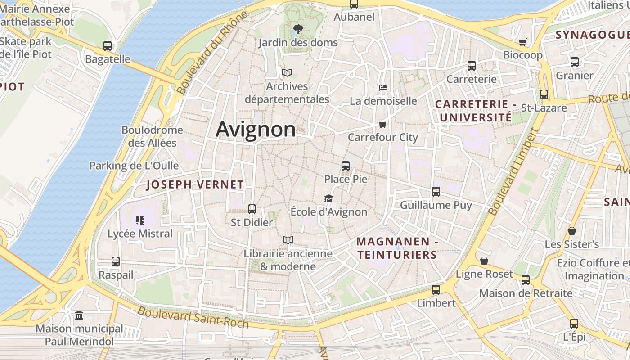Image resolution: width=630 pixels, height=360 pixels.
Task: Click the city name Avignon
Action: pos(256,130)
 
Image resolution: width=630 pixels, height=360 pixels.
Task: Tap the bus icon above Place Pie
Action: pos(346,166)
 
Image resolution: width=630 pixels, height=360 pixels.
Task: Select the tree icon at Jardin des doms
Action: pos(297,29)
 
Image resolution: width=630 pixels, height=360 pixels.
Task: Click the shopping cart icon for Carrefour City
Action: pos(382,124)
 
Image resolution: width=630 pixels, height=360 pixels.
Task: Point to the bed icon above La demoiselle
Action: pos(383,87)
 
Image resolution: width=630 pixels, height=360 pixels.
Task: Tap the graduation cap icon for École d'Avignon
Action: pos(329,198)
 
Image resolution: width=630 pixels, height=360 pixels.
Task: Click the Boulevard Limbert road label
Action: pos(513,171)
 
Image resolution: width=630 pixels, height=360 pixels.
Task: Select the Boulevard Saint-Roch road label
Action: pos(193,317)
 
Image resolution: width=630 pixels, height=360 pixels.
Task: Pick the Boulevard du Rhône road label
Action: pos(212,53)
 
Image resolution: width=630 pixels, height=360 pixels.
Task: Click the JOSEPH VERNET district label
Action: pos(195,184)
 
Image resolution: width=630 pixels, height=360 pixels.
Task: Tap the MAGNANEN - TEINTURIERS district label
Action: pos(397,248)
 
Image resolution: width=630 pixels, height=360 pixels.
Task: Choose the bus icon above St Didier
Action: pos(252,209)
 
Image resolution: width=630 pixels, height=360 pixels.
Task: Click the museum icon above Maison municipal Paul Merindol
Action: pos(79,315)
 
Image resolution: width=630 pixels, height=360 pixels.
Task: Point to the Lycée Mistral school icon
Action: pos(139,220)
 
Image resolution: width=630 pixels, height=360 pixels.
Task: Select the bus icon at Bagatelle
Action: pos(108,45)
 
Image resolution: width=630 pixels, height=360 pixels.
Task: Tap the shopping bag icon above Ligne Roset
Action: pos(484,261)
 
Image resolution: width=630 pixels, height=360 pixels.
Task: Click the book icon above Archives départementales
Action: pos(287,72)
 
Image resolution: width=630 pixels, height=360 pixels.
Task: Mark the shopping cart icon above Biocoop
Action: pos(522,42)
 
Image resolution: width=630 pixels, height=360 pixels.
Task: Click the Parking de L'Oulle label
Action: pos(134,166)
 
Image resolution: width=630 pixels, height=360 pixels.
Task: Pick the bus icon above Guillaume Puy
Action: pos(436,192)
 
